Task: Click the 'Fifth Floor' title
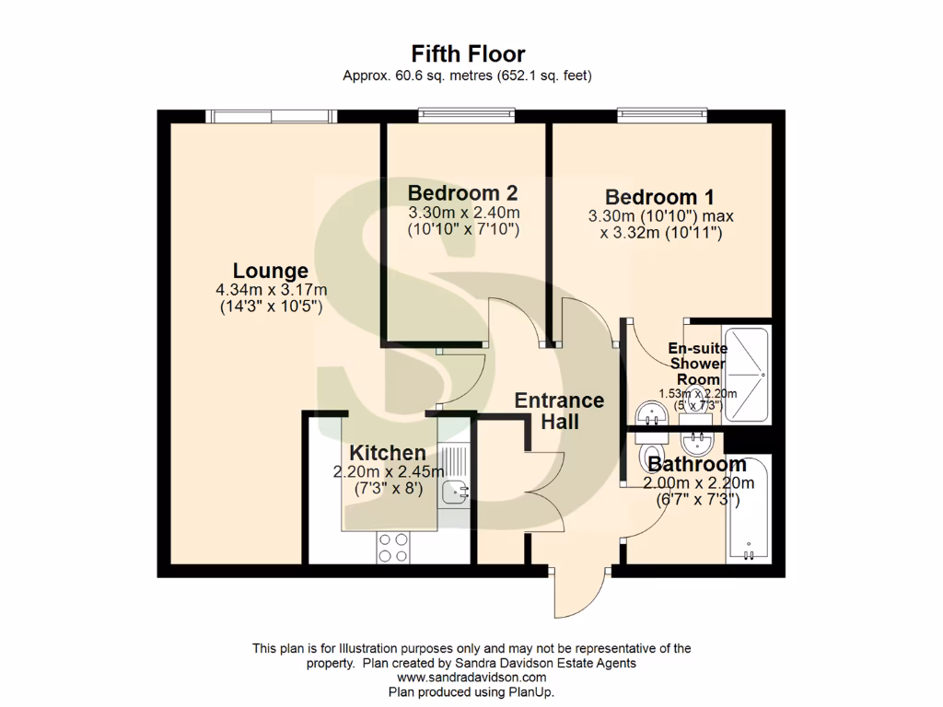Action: [x=468, y=54]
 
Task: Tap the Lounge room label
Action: [x=270, y=271]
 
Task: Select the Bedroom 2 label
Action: [x=462, y=193]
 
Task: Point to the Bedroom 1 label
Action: [x=659, y=197]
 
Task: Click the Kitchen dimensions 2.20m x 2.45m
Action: [x=388, y=471]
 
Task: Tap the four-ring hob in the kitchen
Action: [x=393, y=548]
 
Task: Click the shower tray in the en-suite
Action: [x=746, y=374]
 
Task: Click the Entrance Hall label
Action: [x=559, y=411]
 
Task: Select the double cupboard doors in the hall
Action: [x=543, y=493]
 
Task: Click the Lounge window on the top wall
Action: [x=271, y=115]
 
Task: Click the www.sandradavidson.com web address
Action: [x=471, y=678]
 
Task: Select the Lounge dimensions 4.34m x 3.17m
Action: [x=270, y=291]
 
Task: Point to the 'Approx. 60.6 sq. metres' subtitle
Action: [x=467, y=76]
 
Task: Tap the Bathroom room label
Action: [x=696, y=464]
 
